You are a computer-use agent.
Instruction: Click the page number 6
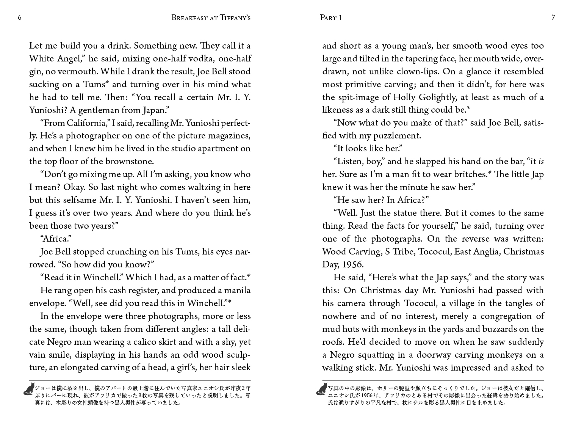point(20,17)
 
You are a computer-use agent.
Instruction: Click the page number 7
point(553,17)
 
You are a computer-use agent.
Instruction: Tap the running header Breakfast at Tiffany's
point(211,17)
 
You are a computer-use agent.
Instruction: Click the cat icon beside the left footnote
point(29,389)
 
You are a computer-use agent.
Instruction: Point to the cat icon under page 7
point(322,389)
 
